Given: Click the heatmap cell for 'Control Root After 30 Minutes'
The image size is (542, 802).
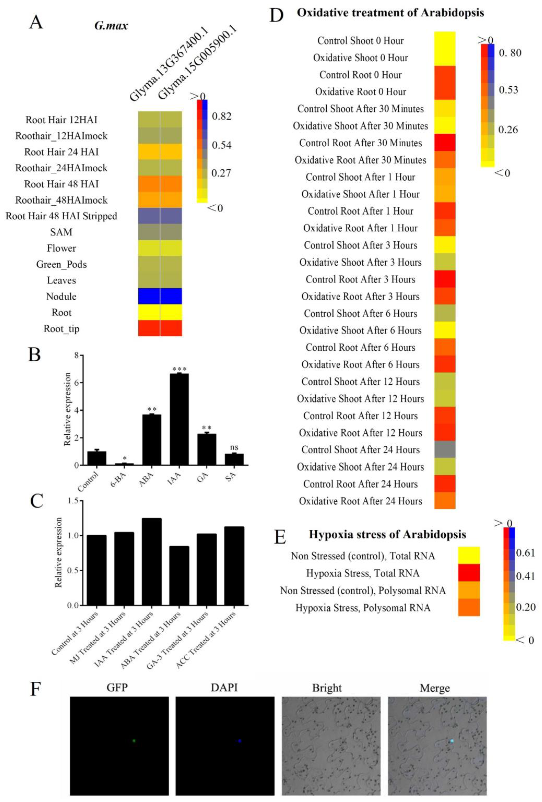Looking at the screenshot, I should [445, 142].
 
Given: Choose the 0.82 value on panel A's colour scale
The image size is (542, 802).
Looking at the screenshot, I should [221, 116].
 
